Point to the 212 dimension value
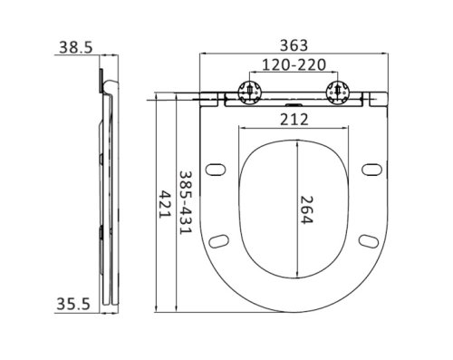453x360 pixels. click(295, 119)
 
